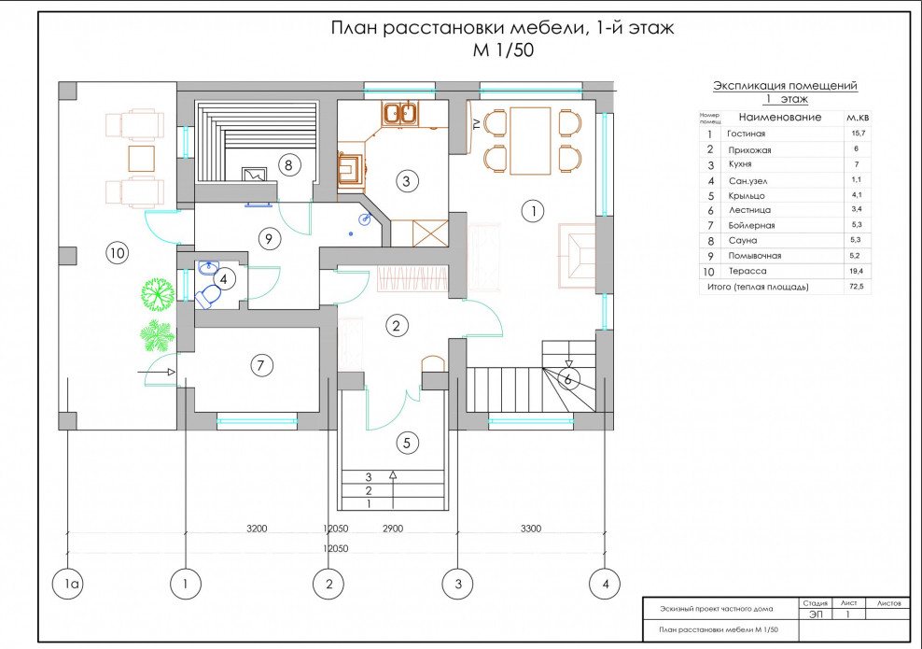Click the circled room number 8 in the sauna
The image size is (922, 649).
coord(288,164)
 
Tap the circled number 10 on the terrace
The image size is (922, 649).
coord(116,252)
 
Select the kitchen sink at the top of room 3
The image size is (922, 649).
coord(402,113)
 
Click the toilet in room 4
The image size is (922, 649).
coord(208,296)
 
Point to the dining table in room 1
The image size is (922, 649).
coord(530,140)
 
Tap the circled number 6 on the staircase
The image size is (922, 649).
coord(567,379)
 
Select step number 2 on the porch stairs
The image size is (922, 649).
coord(370,490)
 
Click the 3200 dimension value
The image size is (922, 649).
coord(257,529)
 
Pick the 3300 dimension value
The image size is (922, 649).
coord(530,529)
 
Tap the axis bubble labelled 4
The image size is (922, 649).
coord(606,584)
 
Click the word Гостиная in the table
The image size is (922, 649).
coord(746,134)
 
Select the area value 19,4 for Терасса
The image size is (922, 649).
coord(855,270)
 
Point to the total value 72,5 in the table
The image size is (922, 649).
coord(855,286)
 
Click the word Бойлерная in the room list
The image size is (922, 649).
coord(752,225)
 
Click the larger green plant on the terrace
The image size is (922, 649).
coord(157,294)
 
